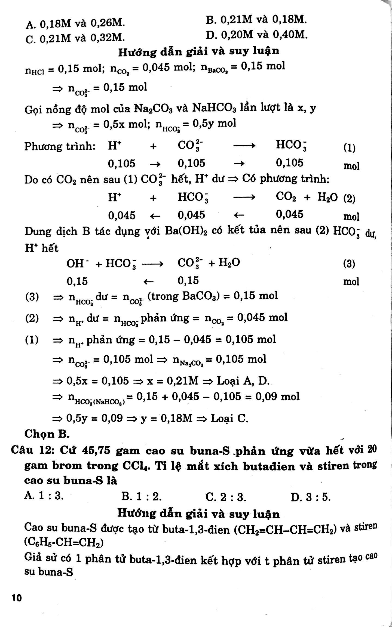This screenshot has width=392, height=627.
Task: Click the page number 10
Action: [17, 597]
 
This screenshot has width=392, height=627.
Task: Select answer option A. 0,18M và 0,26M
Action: [75, 24]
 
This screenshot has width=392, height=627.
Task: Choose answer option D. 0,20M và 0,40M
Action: [257, 35]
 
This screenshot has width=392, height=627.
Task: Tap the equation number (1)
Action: [349, 148]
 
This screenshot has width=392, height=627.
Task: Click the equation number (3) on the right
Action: [349, 264]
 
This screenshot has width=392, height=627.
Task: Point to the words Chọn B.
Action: [47, 434]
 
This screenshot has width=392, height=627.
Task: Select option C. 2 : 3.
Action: [226, 498]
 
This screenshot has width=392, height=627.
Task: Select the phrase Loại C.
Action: [229, 418]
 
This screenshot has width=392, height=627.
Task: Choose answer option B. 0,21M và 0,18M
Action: [257, 19]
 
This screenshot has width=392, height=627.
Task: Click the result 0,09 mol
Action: [277, 397]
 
